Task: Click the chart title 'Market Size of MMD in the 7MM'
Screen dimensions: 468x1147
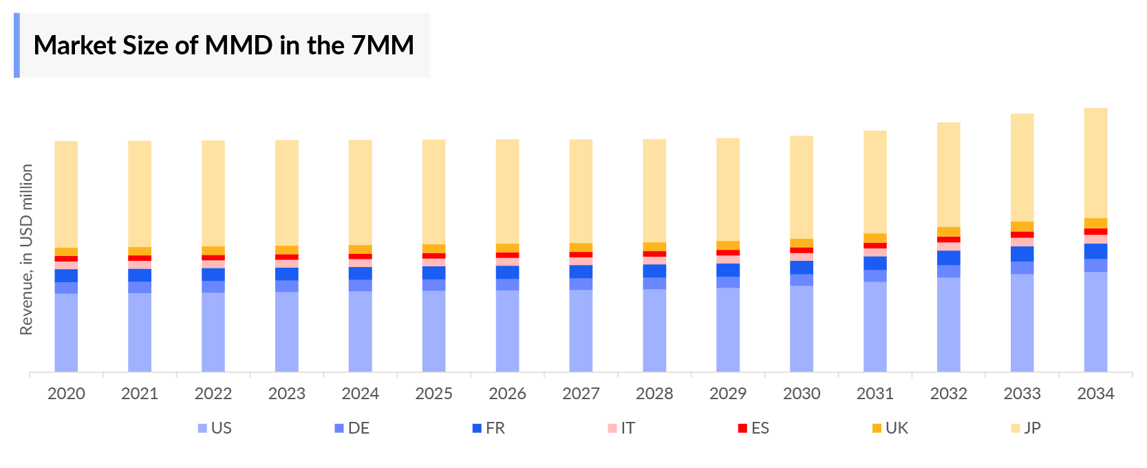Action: [224, 45]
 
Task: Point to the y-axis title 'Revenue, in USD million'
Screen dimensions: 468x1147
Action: [27, 249]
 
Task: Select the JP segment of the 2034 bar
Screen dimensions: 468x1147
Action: [1095, 162]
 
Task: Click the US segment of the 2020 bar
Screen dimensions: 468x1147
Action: [66, 332]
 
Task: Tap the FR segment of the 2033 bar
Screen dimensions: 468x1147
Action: [1022, 254]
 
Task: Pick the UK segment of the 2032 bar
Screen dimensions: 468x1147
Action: [948, 232]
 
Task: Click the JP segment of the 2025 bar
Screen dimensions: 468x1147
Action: [433, 191]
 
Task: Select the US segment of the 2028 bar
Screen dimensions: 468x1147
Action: [654, 330]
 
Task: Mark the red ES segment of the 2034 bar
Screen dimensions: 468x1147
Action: [1095, 232]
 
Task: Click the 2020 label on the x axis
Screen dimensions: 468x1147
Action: [66, 394]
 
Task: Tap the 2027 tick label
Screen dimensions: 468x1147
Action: [581, 394]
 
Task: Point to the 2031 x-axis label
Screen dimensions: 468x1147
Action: [875, 394]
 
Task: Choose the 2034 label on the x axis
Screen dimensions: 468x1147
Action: [1095, 394]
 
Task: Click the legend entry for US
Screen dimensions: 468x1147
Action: [215, 428]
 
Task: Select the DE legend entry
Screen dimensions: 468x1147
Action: [352, 428]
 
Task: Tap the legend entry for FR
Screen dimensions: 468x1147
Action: [489, 428]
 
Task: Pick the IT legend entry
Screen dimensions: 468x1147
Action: [621, 428]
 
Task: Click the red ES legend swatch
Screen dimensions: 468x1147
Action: [742, 428]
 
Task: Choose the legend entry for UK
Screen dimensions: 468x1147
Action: [890, 428]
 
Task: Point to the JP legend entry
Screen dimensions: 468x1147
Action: [1025, 428]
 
